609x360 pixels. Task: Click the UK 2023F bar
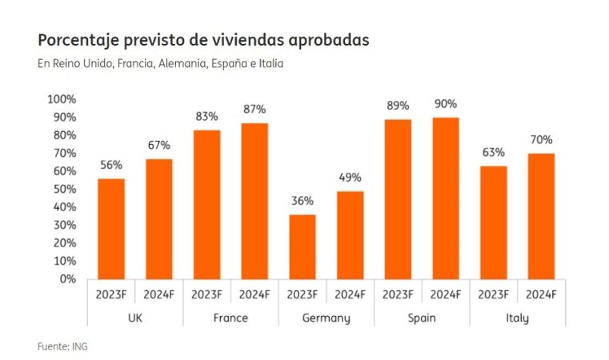click(111, 229)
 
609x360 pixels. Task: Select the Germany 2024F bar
click(350, 235)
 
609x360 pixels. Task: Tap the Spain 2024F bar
click(445, 198)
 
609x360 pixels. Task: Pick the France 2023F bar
click(206, 205)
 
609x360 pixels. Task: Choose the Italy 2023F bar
click(493, 222)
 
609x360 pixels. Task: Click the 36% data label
click(302, 201)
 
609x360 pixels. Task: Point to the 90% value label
click(446, 104)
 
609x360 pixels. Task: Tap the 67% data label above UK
click(158, 146)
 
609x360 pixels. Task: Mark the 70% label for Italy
click(541, 140)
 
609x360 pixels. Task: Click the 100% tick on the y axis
click(62, 99)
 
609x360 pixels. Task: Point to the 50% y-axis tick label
click(63, 189)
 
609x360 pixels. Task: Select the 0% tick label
click(67, 279)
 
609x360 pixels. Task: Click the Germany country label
click(326, 318)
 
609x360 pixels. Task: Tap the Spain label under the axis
click(421, 318)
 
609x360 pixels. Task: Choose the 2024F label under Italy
click(541, 294)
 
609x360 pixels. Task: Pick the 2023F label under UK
click(111, 294)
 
